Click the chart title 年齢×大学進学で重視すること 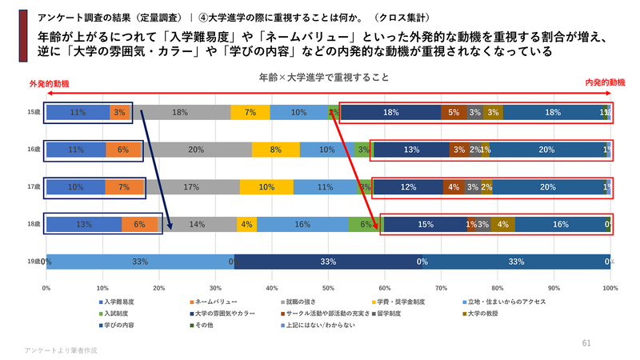pos(324,78)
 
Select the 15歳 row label pos(33,113)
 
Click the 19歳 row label pos(33,261)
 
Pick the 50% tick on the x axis pos(328,287)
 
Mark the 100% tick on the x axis pos(610,287)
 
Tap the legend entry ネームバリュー pos(212,302)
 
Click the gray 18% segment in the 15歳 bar pos(180,113)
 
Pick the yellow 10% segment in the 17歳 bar pos(266,187)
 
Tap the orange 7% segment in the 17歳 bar pos(125,187)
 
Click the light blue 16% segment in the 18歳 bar pos(302,224)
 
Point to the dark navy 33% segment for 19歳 pos(328,261)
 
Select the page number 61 pos(586,342)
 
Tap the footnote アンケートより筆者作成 pos(60,350)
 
